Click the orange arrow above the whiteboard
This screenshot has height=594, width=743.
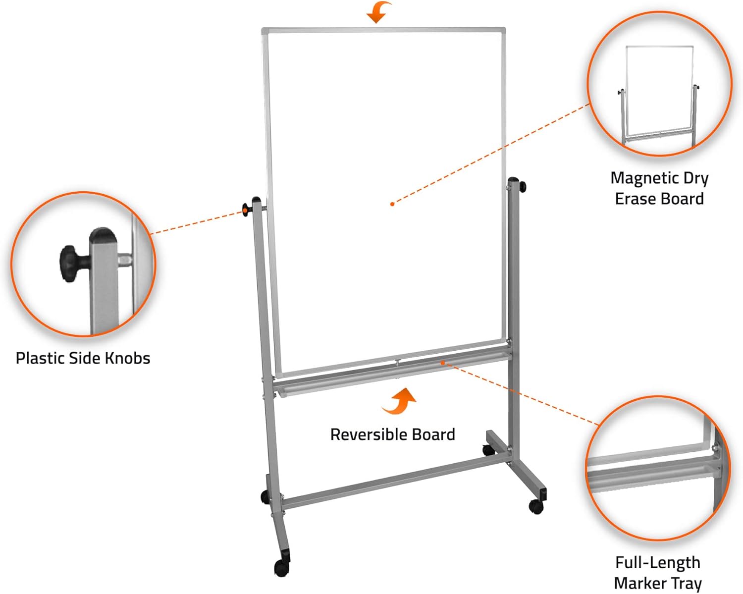378,12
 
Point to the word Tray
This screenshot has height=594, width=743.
686,583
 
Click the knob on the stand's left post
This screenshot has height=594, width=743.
246,209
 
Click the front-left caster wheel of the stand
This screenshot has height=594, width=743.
281,567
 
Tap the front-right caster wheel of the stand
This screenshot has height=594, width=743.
535,506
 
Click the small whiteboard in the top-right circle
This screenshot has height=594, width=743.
659,92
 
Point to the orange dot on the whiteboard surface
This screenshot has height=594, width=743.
392,204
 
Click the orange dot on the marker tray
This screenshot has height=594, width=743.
442,363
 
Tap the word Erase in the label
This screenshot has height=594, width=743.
636,199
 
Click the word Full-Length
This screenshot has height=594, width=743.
658,562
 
